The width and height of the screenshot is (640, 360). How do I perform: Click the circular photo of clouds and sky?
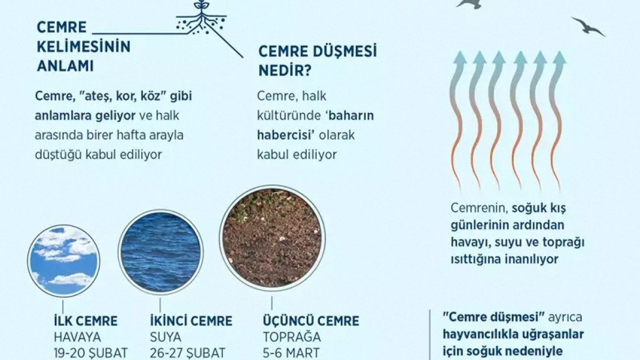point(63,261)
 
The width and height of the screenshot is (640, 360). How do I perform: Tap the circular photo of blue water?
point(160,252)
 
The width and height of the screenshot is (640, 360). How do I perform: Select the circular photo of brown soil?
point(271,237)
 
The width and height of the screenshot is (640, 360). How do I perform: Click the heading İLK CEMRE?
point(85,322)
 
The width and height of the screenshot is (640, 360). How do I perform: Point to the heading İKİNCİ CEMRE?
point(191,322)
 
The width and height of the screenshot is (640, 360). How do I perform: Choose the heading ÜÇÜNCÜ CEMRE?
point(311,322)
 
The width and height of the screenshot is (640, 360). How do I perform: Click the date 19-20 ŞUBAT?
point(91,353)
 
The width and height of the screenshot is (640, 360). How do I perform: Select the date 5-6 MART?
point(291,353)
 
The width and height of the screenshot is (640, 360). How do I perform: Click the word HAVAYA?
point(77,337)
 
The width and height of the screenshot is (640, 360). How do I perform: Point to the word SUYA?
point(166,337)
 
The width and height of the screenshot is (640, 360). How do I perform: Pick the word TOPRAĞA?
point(292,337)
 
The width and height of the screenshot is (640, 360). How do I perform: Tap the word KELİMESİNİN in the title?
point(84,47)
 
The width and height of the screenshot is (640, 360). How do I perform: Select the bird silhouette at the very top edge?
point(469,4)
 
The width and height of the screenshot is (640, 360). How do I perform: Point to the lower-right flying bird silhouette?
point(588,26)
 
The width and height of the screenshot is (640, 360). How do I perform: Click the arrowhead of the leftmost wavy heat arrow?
point(459,57)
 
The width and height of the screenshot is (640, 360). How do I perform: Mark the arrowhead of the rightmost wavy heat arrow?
point(559,57)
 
